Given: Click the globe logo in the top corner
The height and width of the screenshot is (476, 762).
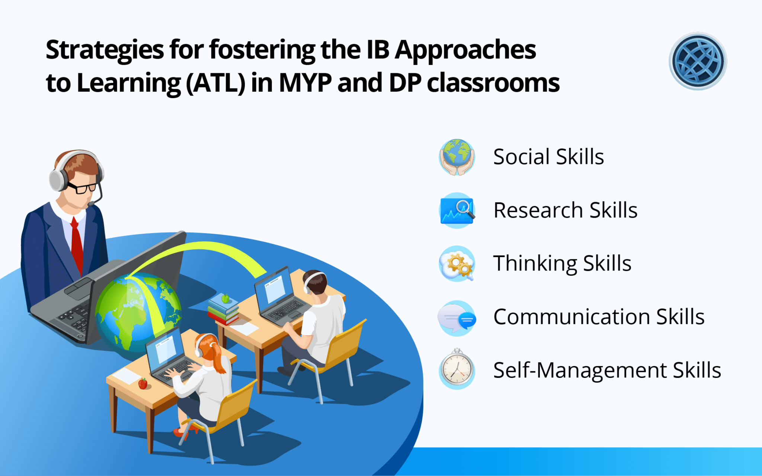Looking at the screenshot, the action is pyautogui.click(x=698, y=61).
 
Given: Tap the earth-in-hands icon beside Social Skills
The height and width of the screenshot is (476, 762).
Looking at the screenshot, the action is pyautogui.click(x=457, y=157).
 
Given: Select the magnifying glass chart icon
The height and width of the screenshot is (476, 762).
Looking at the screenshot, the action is pyautogui.click(x=457, y=210).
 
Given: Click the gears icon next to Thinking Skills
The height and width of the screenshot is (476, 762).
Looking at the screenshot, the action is pyautogui.click(x=457, y=263).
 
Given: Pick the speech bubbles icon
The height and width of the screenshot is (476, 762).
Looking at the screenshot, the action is pyautogui.click(x=457, y=318).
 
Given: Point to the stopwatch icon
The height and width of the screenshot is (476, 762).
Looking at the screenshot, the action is pyautogui.click(x=457, y=369).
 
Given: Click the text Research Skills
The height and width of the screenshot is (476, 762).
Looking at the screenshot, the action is pyautogui.click(x=565, y=210).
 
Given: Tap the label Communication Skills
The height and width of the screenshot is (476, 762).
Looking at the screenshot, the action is pyautogui.click(x=599, y=317).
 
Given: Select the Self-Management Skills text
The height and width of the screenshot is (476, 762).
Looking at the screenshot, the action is pyautogui.click(x=607, y=371).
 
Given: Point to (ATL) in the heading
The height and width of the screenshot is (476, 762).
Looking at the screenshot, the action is pyautogui.click(x=215, y=83).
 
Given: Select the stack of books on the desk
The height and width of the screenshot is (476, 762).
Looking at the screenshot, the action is pyautogui.click(x=224, y=310).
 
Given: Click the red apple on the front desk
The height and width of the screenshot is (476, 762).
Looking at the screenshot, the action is pyautogui.click(x=143, y=383).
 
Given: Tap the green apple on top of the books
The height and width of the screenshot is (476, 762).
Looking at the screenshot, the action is pyautogui.click(x=225, y=298).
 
